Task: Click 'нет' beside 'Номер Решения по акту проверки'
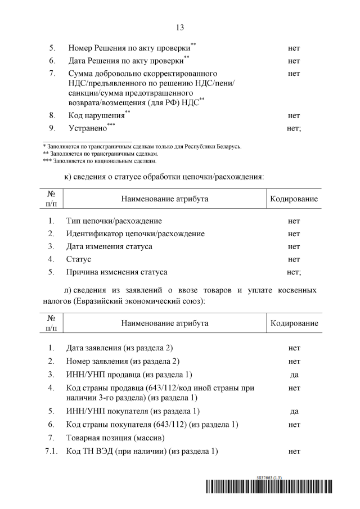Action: [x=294, y=48]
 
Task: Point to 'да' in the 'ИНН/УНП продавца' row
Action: [x=294, y=374]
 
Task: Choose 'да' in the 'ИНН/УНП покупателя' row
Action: [x=294, y=411]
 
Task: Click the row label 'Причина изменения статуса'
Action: [x=116, y=272]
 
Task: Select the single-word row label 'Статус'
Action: [x=78, y=259]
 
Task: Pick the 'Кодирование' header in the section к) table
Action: [x=294, y=199]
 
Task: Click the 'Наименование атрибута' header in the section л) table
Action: [x=164, y=323]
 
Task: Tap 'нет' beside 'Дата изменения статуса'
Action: [x=294, y=246]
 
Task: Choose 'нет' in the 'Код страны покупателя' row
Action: [x=294, y=424]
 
